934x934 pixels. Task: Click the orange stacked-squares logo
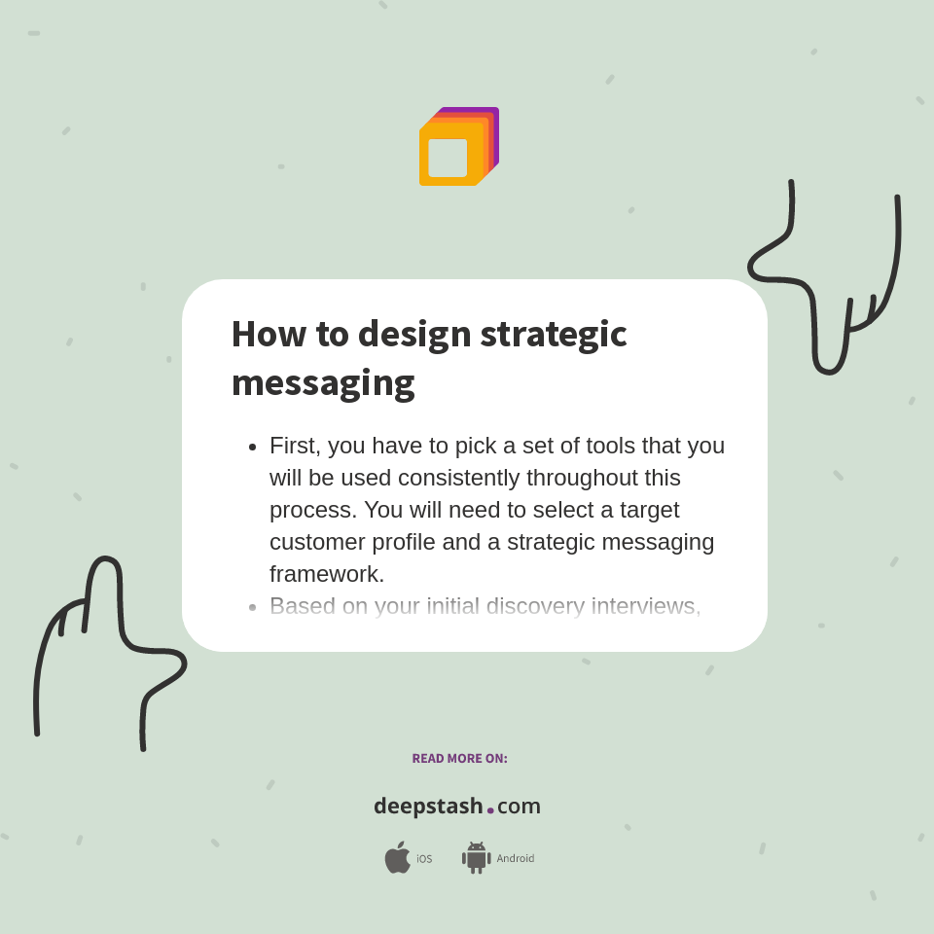(458, 146)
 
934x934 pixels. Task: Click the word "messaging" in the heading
(323, 382)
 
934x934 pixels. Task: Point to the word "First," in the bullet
(295, 446)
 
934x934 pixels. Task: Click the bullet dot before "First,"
(252, 447)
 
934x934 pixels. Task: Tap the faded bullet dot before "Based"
(252, 607)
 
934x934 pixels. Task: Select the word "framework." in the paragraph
(327, 574)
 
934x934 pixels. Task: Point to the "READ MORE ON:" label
(459, 759)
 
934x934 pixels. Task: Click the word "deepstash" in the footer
(428, 807)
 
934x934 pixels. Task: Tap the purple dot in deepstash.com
(490, 810)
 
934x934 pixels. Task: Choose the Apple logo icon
(397, 858)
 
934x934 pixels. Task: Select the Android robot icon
(476, 858)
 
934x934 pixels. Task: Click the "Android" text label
(516, 859)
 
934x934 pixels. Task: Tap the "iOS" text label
(424, 859)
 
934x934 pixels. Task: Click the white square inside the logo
(448, 158)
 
